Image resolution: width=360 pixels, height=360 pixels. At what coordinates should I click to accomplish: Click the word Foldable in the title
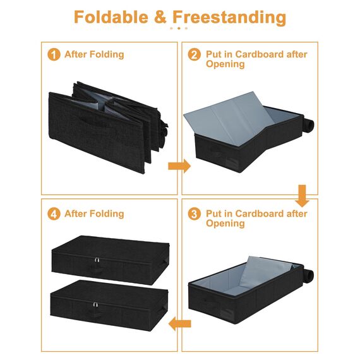pyautogui.click(x=111, y=17)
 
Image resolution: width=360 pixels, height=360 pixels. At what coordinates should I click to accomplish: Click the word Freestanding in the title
pyautogui.click(x=229, y=18)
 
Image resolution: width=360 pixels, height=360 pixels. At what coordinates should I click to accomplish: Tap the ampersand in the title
pyautogui.click(x=160, y=17)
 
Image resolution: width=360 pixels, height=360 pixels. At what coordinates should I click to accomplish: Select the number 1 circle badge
pyautogui.click(x=54, y=55)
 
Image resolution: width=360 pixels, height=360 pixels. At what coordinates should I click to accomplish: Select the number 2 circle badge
pyautogui.click(x=195, y=55)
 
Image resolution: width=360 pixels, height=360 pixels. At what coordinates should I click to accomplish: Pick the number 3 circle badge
pyautogui.click(x=195, y=214)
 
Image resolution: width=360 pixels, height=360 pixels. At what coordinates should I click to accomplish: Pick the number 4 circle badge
pyautogui.click(x=54, y=214)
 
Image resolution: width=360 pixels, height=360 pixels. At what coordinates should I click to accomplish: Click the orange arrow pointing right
pyautogui.click(x=179, y=165)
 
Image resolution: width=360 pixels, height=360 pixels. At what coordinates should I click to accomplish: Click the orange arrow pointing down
pyautogui.click(x=302, y=196)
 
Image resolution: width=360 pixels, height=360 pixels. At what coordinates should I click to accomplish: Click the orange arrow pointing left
pyautogui.click(x=179, y=324)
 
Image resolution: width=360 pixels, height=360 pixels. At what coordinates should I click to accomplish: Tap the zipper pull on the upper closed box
pyautogui.click(x=97, y=260)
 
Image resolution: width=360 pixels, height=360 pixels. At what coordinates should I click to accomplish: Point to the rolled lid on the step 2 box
pyautogui.click(x=309, y=125)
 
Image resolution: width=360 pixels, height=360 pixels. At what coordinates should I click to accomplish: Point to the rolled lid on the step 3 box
pyautogui.click(x=308, y=274)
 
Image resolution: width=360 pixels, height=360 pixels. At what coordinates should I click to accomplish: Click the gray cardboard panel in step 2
pyautogui.click(x=230, y=119)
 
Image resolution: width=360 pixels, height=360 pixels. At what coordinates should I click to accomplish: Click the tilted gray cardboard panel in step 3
pyautogui.click(x=267, y=273)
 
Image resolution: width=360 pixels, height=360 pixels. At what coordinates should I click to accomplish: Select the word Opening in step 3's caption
pyautogui.click(x=225, y=224)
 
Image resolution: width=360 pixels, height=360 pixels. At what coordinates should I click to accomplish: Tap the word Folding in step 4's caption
pyautogui.click(x=107, y=214)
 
